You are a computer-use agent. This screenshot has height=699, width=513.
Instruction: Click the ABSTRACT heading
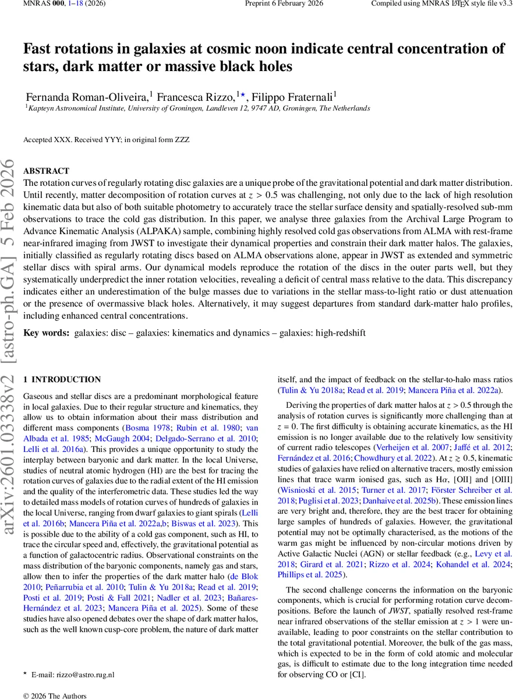pyautogui.click(x=46, y=171)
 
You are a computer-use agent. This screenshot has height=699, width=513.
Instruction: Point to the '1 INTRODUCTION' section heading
pyautogui.click(x=62, y=379)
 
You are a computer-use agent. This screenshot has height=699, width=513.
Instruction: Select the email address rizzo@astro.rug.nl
pyautogui.click(x=81, y=675)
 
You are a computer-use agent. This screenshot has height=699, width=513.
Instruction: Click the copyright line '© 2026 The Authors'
pyautogui.click(x=54, y=695)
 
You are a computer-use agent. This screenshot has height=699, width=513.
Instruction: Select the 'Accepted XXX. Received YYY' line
pyautogui.click(x=106, y=140)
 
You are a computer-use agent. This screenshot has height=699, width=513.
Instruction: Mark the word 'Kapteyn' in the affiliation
pyautogui.click(x=41, y=108)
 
